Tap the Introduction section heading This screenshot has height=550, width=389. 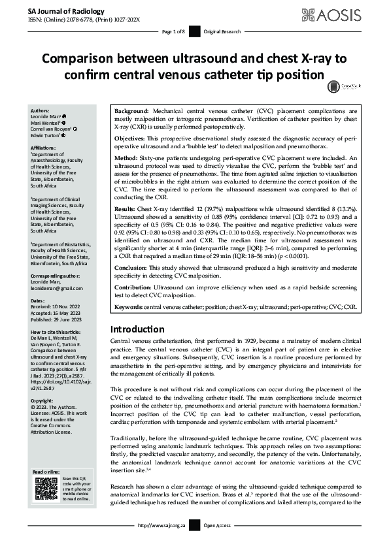pyautogui.click(x=137, y=329)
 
